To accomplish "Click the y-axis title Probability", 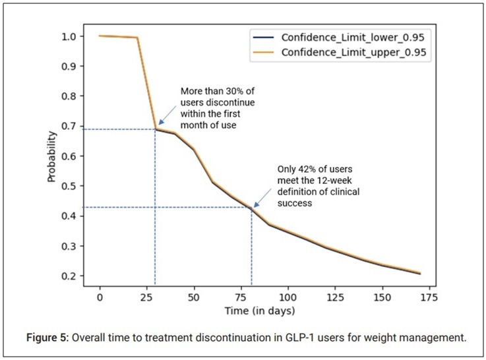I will point(51,156).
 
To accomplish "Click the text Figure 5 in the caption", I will point(39,339).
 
